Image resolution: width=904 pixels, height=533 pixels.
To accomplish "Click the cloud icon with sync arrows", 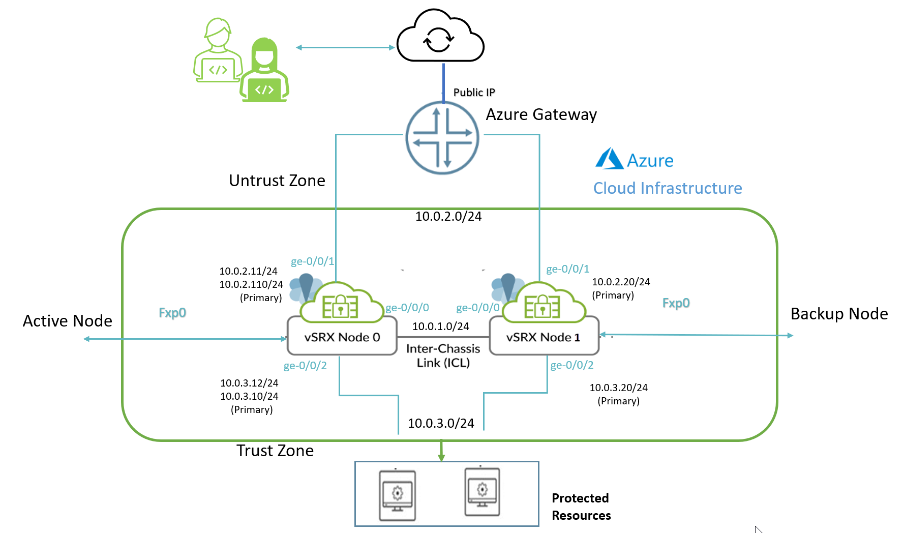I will pyautogui.click(x=440, y=37).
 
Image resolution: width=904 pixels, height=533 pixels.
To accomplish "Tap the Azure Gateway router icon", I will pyautogui.click(x=442, y=138).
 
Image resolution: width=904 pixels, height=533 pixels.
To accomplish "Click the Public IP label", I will pyautogui.click(x=474, y=93).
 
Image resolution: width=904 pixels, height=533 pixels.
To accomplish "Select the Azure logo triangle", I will pyautogui.click(x=609, y=159).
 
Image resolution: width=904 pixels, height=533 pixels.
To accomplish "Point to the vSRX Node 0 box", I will pyautogui.click(x=342, y=337).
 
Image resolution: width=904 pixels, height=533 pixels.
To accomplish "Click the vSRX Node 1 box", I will pyautogui.click(x=544, y=337).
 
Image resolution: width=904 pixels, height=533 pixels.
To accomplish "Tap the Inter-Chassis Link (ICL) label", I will pyautogui.click(x=443, y=356).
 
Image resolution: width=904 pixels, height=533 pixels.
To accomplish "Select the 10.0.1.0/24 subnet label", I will pyautogui.click(x=440, y=327).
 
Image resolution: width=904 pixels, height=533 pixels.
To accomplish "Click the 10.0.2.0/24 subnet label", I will pyautogui.click(x=448, y=217).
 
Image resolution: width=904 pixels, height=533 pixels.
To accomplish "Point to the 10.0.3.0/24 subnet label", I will pyautogui.click(x=441, y=424).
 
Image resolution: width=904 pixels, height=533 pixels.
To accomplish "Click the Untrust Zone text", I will pyautogui.click(x=277, y=181).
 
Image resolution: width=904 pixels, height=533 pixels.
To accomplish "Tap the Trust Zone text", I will pyautogui.click(x=275, y=451).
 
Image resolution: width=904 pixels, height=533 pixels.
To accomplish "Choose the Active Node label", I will pyautogui.click(x=68, y=321).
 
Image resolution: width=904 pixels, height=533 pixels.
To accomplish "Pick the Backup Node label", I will pyautogui.click(x=839, y=314).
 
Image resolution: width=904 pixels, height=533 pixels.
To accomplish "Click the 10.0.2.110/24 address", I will pyautogui.click(x=251, y=285).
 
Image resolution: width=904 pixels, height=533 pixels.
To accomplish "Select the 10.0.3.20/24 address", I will pyautogui.click(x=618, y=388).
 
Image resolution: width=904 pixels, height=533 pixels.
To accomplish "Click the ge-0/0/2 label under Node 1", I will pyautogui.click(x=572, y=365).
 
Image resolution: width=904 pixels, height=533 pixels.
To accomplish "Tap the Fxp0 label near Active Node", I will pyautogui.click(x=172, y=313).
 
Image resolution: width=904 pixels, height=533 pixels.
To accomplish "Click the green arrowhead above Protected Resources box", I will pyautogui.click(x=441, y=457).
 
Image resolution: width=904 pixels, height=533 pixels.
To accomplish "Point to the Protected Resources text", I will pyautogui.click(x=581, y=507).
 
